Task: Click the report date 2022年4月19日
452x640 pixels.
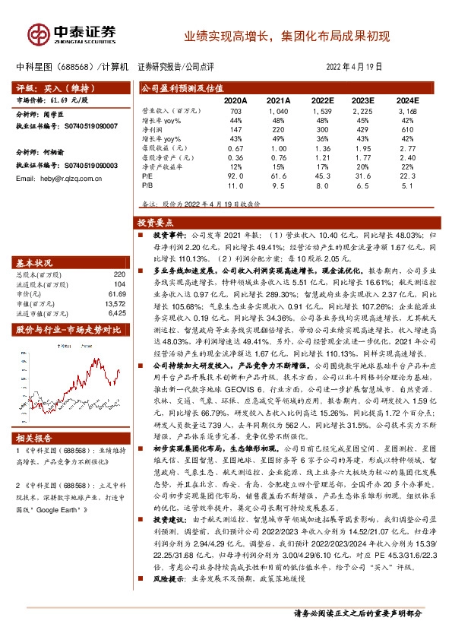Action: point(354,67)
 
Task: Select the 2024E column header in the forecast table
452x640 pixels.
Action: point(406,100)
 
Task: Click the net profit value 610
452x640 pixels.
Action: point(407,129)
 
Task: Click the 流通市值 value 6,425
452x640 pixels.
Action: point(115,312)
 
